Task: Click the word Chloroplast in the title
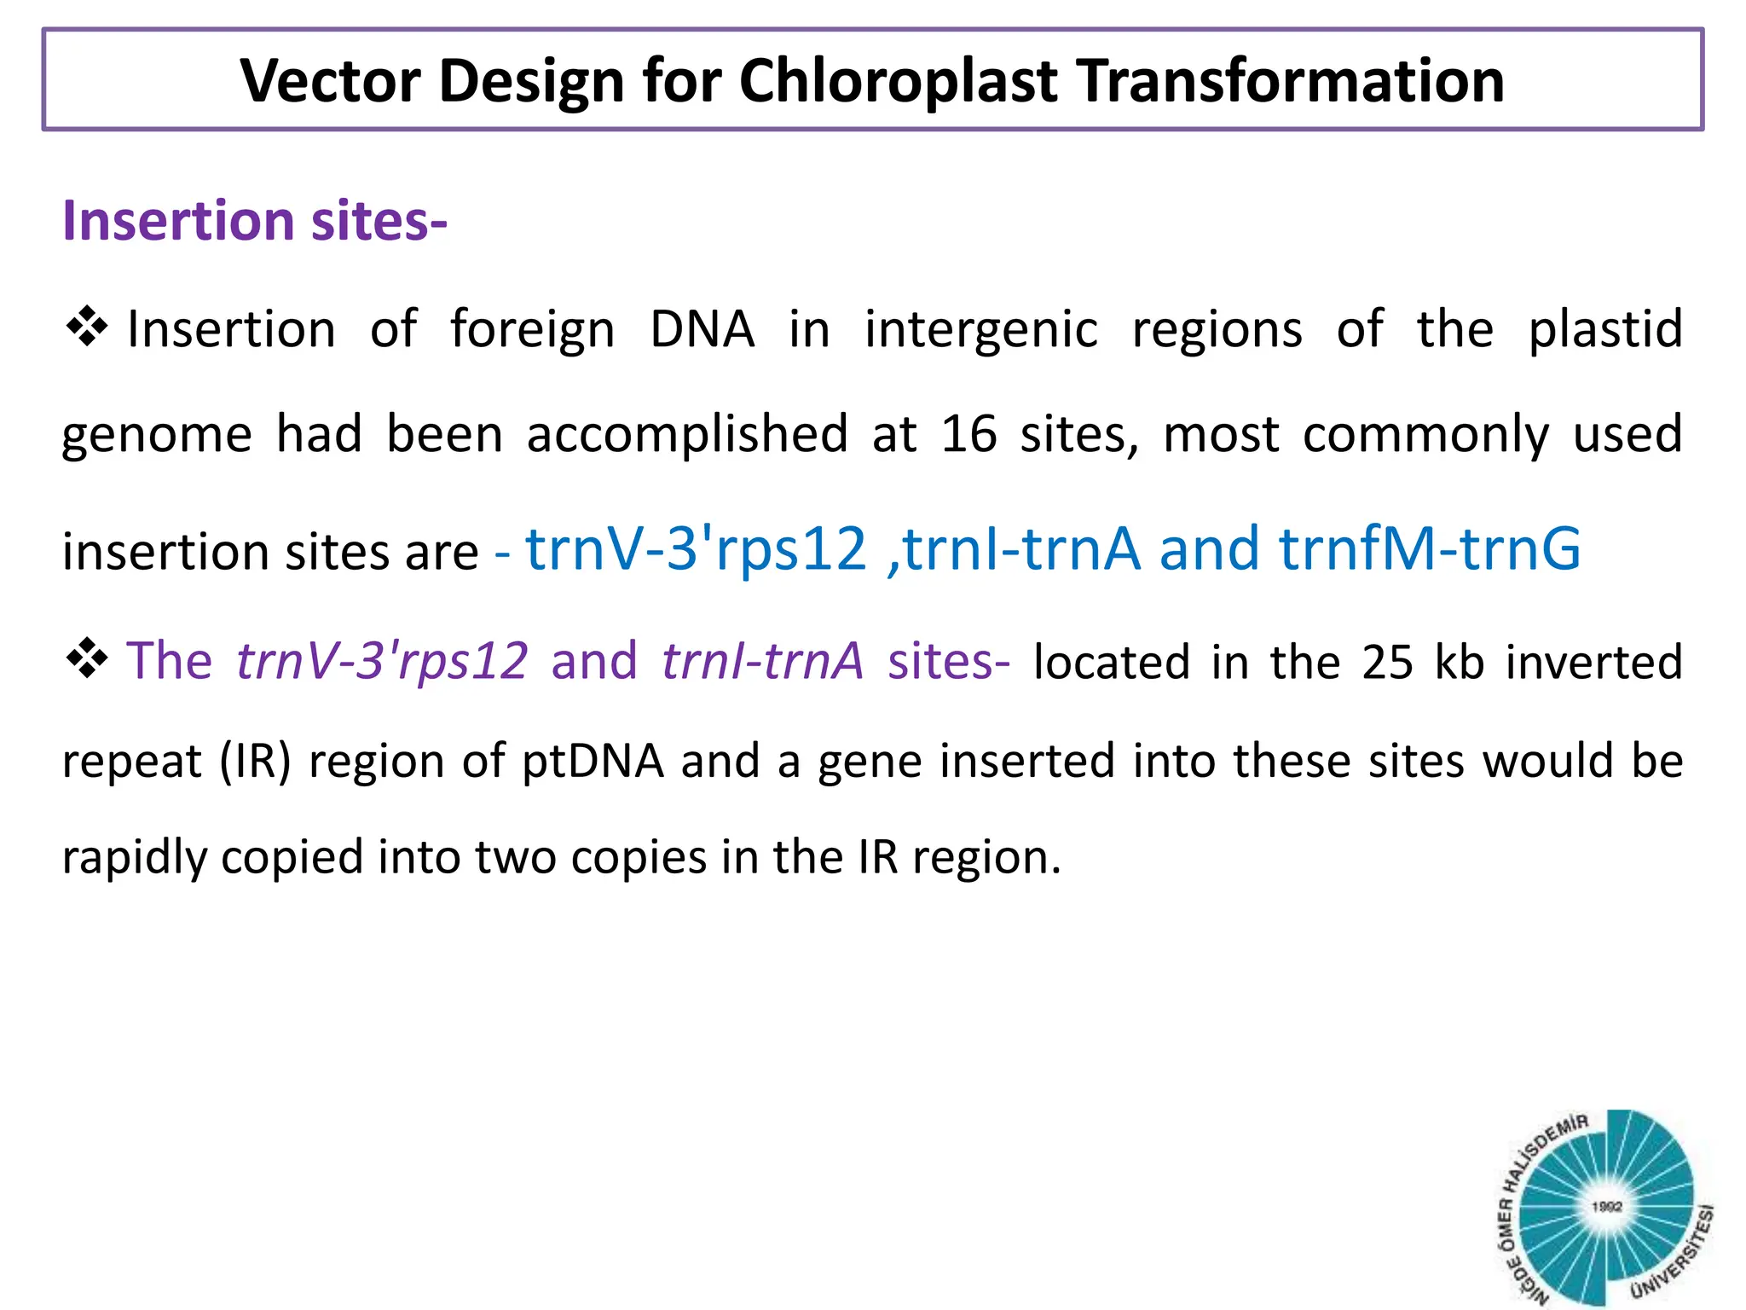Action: pos(898,81)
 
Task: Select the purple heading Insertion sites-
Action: pos(255,221)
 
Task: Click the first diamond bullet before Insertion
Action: pos(86,327)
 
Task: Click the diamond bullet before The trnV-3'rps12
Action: pos(86,658)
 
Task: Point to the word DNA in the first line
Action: pos(702,329)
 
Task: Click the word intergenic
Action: pos(981,329)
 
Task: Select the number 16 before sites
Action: pos(968,434)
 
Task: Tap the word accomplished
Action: pos(687,434)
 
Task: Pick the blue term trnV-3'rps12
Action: pos(696,548)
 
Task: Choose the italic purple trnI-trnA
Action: pos(762,661)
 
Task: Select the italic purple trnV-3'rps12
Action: pos(382,661)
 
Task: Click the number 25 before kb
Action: pos(1387,662)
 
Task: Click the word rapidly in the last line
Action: pos(135,857)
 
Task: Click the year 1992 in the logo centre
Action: pos(1606,1206)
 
